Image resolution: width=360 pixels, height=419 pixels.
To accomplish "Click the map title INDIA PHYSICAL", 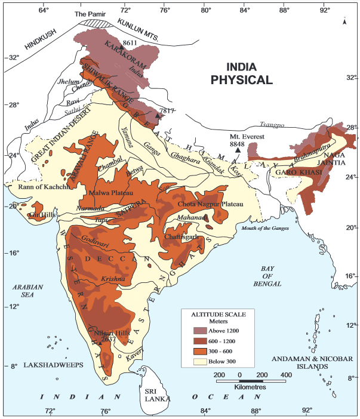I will pyautogui.click(x=241, y=73).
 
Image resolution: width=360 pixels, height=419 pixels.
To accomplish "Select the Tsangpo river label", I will pyautogui.click(x=272, y=125).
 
